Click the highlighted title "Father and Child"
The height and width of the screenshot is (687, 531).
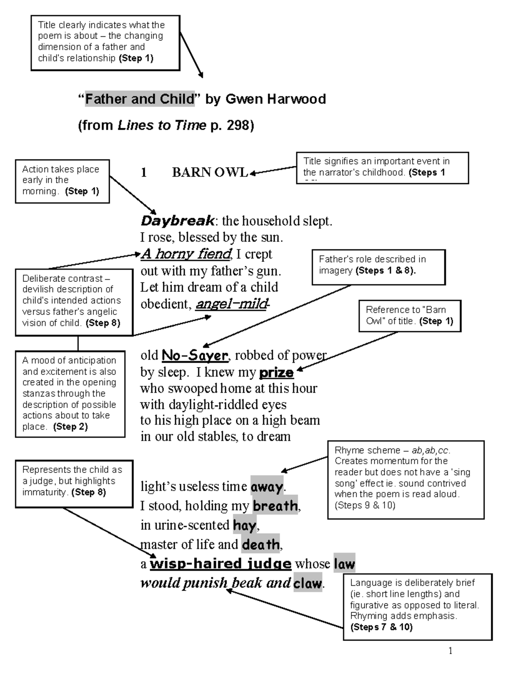(x=140, y=99)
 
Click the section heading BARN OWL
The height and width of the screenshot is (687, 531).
(x=210, y=173)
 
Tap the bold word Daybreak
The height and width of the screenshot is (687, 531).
(x=177, y=220)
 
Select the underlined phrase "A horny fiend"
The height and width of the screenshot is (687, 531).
(x=186, y=254)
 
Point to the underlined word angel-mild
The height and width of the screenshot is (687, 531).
(x=231, y=304)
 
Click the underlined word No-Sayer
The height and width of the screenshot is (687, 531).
(x=195, y=355)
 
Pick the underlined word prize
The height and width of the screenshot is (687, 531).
(x=276, y=372)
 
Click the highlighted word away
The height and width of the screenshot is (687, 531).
(x=267, y=487)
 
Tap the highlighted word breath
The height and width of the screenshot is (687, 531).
(x=275, y=506)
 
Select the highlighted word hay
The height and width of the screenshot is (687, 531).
(x=244, y=525)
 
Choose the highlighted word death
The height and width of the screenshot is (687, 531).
(x=261, y=544)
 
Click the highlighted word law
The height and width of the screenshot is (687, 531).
(x=344, y=564)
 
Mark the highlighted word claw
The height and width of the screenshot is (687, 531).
(x=308, y=583)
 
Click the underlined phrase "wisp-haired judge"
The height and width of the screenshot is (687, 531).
(x=220, y=564)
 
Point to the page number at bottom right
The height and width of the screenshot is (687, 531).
(x=450, y=651)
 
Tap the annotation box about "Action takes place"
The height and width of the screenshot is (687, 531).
(x=62, y=181)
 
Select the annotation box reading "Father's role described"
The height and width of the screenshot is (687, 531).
(x=378, y=267)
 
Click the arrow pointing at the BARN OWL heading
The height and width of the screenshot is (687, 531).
(x=273, y=170)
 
